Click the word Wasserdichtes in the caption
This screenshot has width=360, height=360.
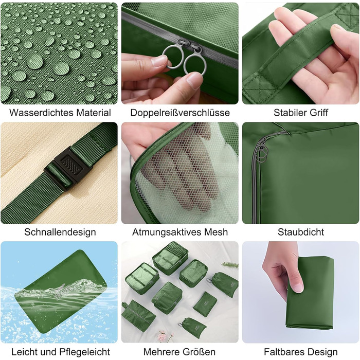(41, 113)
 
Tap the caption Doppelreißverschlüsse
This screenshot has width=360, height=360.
(180, 113)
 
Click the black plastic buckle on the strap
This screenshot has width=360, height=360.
(68, 168)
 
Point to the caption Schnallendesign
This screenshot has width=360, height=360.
(60, 232)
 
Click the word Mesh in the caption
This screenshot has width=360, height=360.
(216, 232)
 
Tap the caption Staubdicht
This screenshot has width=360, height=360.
(301, 232)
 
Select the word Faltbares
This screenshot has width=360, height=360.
(284, 352)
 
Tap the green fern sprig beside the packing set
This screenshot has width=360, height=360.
(230, 265)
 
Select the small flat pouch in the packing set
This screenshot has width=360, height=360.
(205, 303)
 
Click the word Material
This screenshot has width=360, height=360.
(94, 113)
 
